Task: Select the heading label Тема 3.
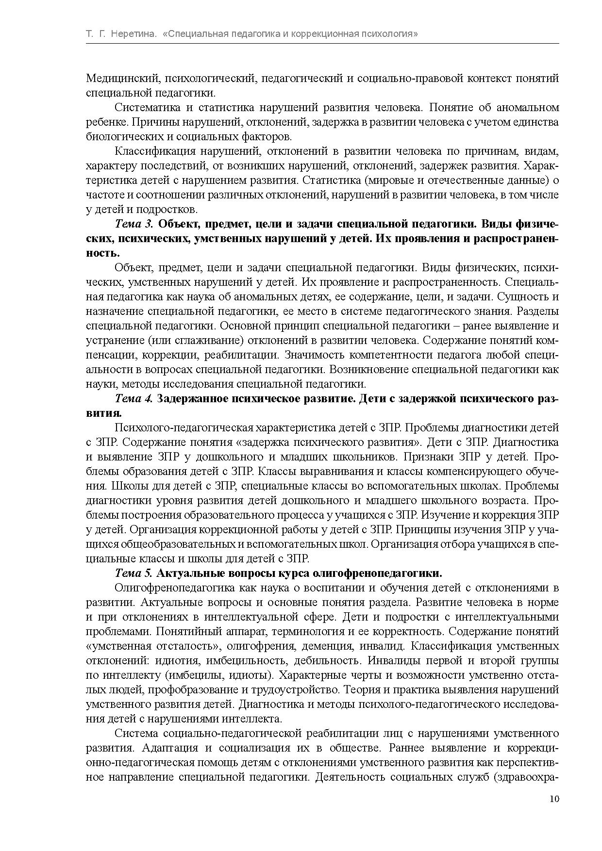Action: [134, 224]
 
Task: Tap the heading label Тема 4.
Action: [134, 399]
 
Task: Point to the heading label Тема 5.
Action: [134, 573]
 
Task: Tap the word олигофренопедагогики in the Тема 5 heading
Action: [377, 573]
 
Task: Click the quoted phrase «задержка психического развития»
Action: [328, 442]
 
